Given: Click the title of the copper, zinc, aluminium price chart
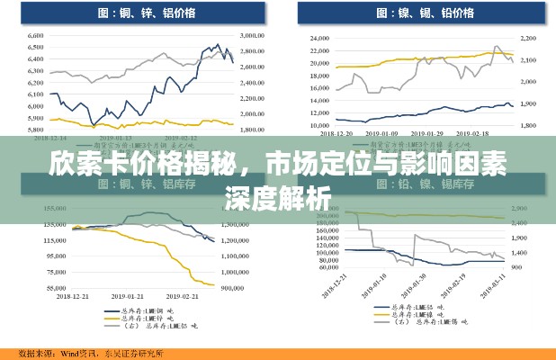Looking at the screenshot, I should tap(135, 13).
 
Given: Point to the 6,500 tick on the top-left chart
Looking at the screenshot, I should tap(36, 48).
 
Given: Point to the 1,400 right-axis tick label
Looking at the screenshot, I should tap(520, 220).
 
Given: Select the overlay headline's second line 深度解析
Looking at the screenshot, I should tap(277, 195).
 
